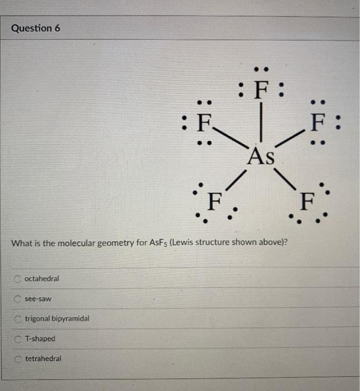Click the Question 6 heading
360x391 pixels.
[x=36, y=28]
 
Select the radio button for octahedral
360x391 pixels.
[x=18, y=278]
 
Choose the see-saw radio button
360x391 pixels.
[x=18, y=299]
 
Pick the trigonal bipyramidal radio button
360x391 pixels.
[x=18, y=319]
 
